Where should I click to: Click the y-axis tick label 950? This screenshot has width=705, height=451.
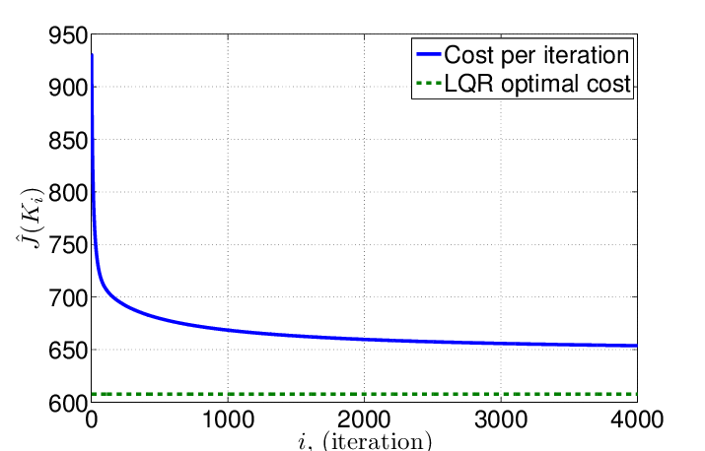coord(65,34)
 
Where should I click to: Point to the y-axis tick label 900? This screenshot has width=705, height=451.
coord(65,88)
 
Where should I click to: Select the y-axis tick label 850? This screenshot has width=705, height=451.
coord(65,140)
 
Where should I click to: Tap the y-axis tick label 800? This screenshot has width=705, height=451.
coord(65,192)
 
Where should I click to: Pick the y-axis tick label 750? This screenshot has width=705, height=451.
coord(65,245)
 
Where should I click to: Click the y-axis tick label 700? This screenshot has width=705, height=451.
coord(65,297)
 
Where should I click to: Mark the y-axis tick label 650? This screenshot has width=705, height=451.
coord(65,350)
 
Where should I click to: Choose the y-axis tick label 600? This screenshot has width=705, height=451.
coord(65,402)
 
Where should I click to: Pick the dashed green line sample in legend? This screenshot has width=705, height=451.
coord(430,84)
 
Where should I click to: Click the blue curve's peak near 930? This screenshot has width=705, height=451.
coord(92,56)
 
